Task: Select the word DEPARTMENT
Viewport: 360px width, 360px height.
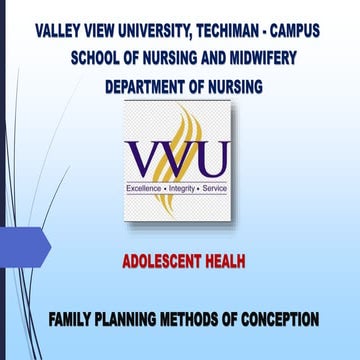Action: pos(152,87)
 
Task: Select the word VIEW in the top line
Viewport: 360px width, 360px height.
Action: pos(104,30)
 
